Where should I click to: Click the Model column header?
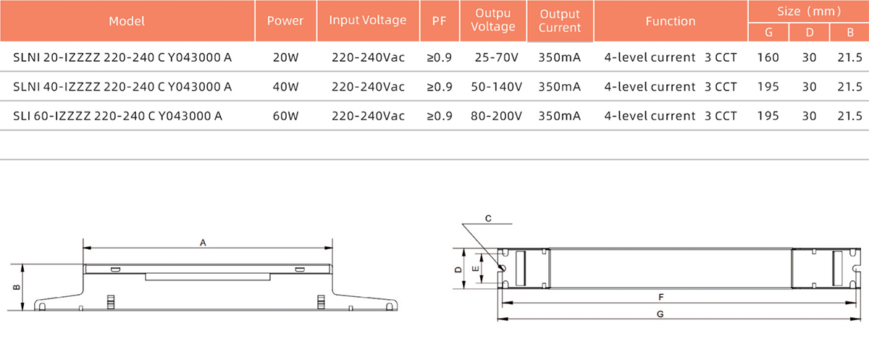[127, 21]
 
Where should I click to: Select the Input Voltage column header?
[367, 20]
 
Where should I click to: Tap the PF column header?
[439, 21]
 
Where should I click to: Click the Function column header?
[670, 21]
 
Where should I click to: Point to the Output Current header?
[560, 21]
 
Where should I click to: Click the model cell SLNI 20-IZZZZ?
[122, 57]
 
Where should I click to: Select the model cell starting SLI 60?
[118, 115]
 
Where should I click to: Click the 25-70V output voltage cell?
[492, 57]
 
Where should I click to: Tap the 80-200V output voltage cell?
[492, 115]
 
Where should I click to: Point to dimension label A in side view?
[203, 244]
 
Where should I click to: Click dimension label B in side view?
[16, 288]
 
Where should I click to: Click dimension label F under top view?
[660, 297]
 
